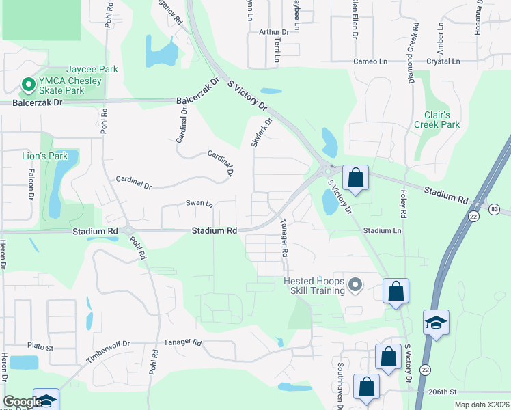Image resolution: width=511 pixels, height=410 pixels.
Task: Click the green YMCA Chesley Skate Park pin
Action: tap(28, 85)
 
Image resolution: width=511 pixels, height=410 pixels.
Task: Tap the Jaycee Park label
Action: tap(92, 70)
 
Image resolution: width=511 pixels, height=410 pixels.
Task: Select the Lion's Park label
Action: tap(45, 156)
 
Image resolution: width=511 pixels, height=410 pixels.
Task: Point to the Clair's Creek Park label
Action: tap(437, 120)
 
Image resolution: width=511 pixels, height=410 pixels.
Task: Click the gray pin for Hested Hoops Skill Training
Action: tap(355, 284)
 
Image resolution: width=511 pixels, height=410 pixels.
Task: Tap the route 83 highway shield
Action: tap(495, 206)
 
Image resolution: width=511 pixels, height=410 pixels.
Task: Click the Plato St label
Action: tap(40, 347)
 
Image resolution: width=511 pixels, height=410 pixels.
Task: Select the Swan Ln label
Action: tap(199, 203)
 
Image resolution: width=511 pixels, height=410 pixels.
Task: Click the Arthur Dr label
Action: tap(274, 31)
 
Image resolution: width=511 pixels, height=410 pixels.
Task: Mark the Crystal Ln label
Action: tap(443, 61)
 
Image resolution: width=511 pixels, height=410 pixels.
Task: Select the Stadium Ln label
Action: tap(382, 231)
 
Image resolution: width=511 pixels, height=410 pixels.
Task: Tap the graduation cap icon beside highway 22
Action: tap(436, 322)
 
